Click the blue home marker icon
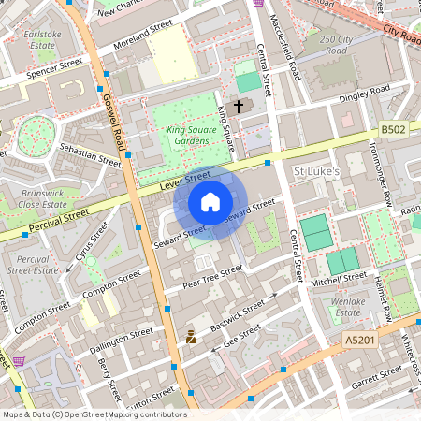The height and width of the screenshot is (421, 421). [x=210, y=202]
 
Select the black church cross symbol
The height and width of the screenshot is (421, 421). [x=238, y=107]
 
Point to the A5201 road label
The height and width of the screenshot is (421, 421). [x=359, y=341]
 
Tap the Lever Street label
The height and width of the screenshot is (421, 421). [x=184, y=180]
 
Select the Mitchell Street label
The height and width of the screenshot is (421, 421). [x=338, y=278]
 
